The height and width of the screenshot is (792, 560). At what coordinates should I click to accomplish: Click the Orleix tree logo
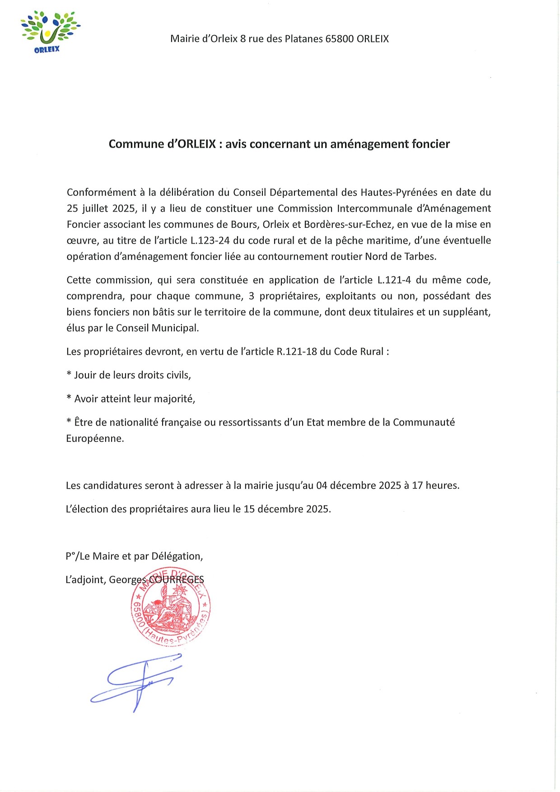point(49,32)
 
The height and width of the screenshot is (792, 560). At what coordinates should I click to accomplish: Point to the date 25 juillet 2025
point(101,208)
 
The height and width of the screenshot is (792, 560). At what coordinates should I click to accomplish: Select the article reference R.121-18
point(297,352)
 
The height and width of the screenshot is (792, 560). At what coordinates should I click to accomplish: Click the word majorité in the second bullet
point(174,399)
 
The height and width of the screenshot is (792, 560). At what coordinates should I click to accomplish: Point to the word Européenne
point(95,439)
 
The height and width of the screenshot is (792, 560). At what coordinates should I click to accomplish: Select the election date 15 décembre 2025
point(287,509)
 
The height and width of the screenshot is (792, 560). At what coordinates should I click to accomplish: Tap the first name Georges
point(128,580)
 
